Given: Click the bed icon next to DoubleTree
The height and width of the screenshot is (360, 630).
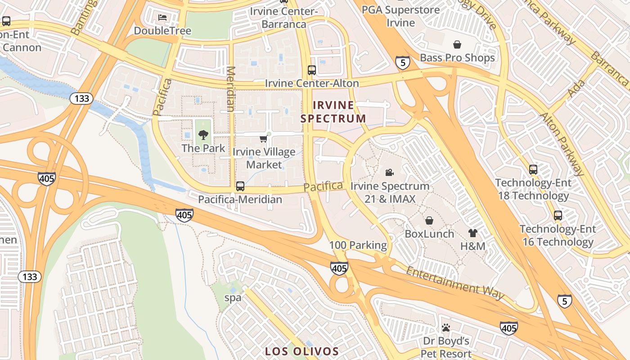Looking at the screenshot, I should point(162,18).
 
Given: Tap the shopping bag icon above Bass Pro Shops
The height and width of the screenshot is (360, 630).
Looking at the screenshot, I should point(457,45).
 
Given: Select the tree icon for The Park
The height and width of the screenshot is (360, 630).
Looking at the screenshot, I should point(203,134).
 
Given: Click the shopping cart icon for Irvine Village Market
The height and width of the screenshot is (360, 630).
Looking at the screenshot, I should point(264,139).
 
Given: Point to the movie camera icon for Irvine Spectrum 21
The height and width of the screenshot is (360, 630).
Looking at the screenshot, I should point(390,172).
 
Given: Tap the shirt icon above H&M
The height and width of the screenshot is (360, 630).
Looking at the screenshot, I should point(472,233).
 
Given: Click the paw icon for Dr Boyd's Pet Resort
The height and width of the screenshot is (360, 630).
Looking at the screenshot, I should point(446,327).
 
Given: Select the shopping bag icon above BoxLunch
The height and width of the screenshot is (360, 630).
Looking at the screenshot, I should point(429,220).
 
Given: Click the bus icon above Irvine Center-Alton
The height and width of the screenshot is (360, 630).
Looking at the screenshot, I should point(311,70).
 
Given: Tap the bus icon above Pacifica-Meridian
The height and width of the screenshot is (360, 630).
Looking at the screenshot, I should point(240,186).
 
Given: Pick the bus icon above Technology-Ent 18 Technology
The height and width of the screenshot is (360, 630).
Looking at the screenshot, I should point(533,170).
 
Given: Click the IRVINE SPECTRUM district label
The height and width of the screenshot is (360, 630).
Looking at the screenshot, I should point(333,112).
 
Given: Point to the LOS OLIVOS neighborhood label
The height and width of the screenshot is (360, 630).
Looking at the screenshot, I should point(301,351).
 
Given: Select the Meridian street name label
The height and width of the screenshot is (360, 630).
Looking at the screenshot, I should point(230,89).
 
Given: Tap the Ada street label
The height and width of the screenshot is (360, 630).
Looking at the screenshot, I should point(576,89).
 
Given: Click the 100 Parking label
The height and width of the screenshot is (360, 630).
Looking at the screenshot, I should point(358,245).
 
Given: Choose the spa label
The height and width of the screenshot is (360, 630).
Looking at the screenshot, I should point(233,297).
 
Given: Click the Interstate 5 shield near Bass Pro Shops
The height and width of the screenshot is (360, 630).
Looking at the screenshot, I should point(403,63).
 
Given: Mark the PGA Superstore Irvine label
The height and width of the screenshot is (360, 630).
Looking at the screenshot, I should point(400,16).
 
